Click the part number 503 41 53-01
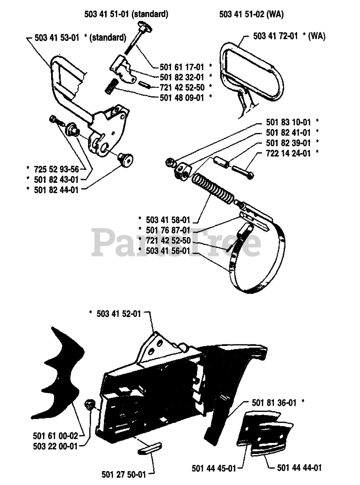(57, 38)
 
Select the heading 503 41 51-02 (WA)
(252, 14)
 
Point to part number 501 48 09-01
(182, 97)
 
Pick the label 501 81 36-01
(274, 403)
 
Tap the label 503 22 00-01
(56, 446)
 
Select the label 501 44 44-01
(300, 468)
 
